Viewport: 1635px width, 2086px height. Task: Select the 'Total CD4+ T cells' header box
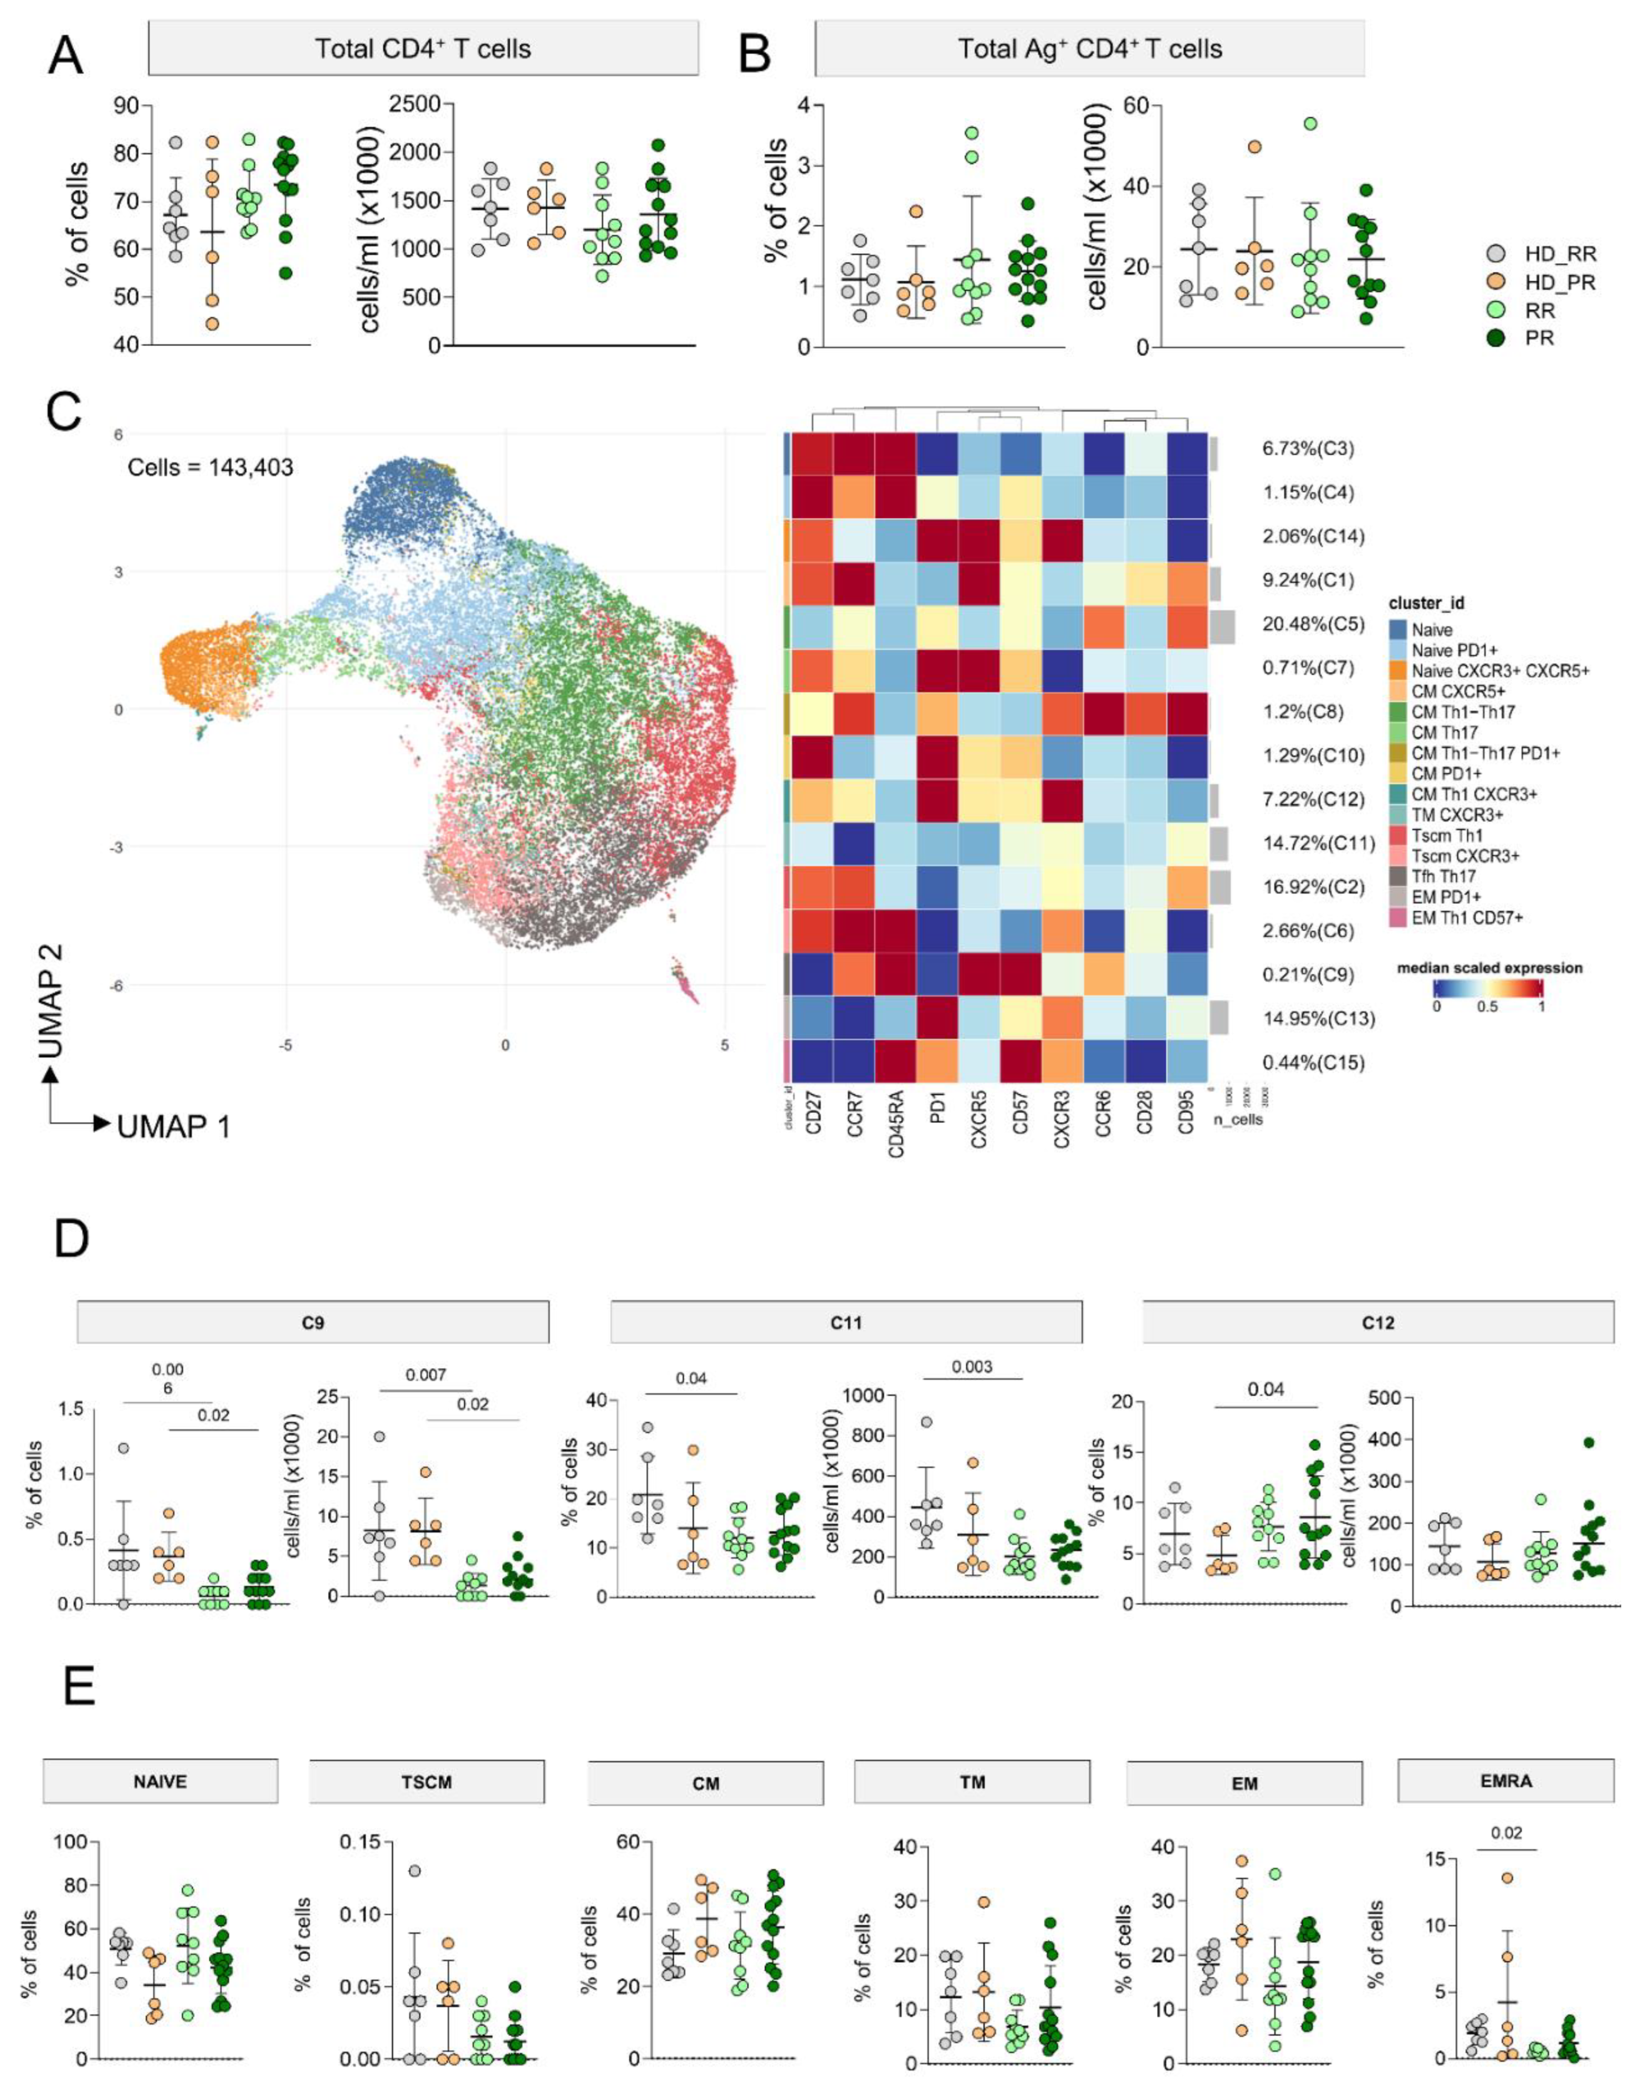click(x=423, y=49)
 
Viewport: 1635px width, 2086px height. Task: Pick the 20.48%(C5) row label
click(x=1313, y=624)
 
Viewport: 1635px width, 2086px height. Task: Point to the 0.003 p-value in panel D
click(x=972, y=1366)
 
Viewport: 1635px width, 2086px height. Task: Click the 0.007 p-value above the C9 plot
click(x=426, y=1375)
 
